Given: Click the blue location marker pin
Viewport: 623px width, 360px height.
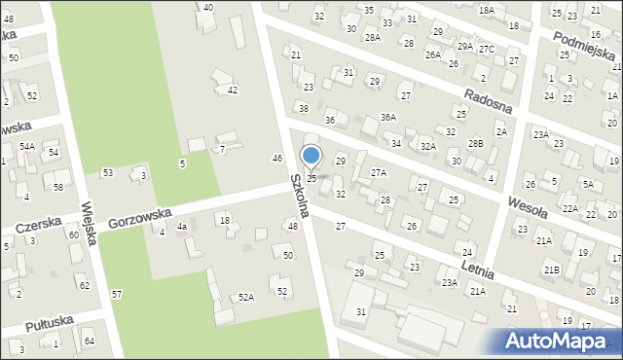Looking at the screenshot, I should point(311,157).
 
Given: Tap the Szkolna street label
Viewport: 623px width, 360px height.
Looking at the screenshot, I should point(299,195).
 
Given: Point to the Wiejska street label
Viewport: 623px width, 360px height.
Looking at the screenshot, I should point(92,224).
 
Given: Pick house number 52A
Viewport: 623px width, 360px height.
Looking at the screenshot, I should point(246,297).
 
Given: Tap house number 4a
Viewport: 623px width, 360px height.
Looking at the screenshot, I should point(181,227).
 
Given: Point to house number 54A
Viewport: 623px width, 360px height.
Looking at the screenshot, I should point(27,146).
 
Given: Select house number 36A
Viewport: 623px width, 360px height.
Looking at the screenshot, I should point(387,117).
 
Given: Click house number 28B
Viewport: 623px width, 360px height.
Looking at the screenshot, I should point(475,143).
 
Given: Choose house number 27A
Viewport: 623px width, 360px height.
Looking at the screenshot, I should point(378,172).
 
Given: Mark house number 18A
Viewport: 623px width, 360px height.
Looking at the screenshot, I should point(486,9).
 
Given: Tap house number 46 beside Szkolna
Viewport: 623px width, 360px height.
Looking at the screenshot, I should point(277,158).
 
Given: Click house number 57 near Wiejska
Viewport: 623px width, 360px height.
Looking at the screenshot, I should point(117,294).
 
